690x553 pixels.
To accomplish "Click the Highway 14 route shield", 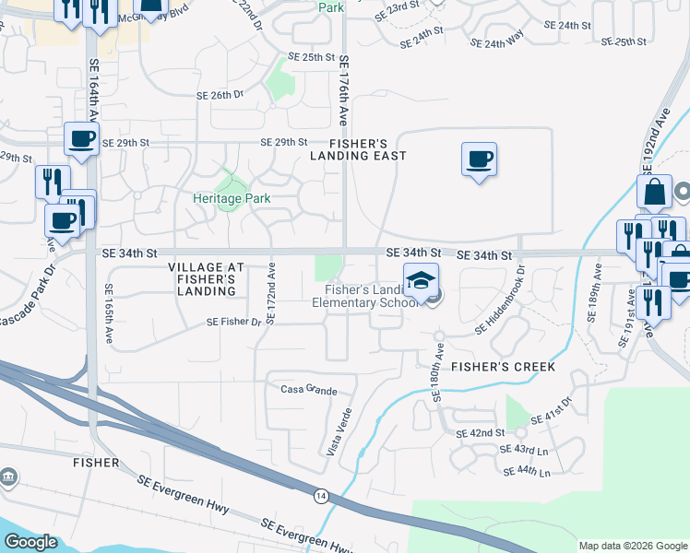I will [x=318, y=495].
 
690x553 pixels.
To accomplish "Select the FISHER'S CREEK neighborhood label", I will [x=503, y=367].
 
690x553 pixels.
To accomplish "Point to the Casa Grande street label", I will [x=309, y=391].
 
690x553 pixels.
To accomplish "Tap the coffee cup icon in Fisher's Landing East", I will [x=479, y=159].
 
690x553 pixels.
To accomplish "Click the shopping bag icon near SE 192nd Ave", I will [x=654, y=192].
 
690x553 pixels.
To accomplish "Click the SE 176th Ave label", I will [x=343, y=90].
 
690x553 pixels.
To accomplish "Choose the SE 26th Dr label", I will [x=220, y=95].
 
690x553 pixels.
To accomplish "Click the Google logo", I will [x=31, y=542].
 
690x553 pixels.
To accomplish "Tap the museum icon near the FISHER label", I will [x=9, y=477].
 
